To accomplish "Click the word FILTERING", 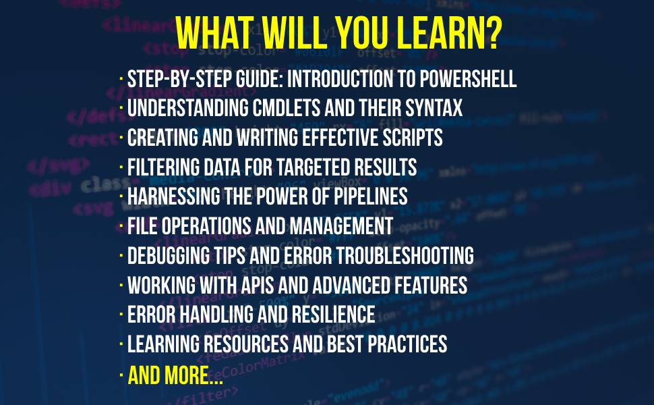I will point(161,167).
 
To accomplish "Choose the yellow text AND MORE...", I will point(175,375).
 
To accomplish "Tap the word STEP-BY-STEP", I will point(169,79).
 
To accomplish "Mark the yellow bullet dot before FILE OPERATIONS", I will point(121,227).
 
